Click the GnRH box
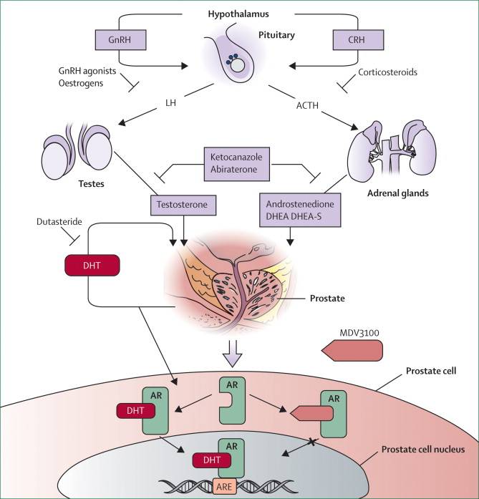pyautogui.click(x=119, y=40)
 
